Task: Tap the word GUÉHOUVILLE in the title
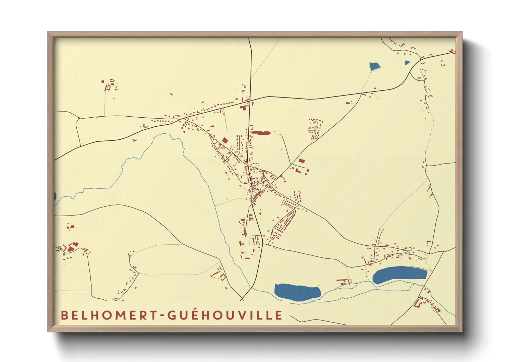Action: [225, 315]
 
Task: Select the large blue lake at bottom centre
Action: [297, 292]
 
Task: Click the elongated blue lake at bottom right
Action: [399, 274]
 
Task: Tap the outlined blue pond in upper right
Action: [375, 66]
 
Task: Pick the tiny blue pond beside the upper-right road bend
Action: [407, 63]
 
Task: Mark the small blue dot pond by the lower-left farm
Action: [64, 254]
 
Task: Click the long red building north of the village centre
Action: [261, 133]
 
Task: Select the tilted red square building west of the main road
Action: [225, 140]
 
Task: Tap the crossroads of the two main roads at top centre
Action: [250, 100]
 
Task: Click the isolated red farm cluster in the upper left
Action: [109, 86]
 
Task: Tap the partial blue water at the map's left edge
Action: [55, 196]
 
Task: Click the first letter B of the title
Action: [64, 315]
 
